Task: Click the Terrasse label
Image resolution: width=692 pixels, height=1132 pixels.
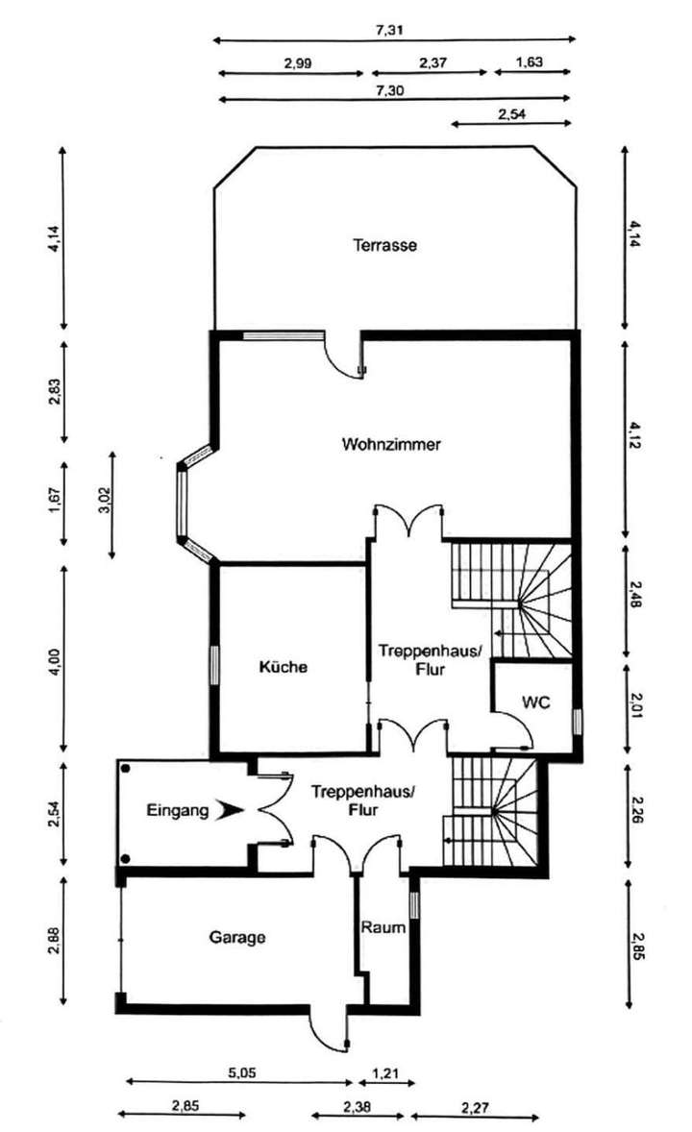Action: (385, 245)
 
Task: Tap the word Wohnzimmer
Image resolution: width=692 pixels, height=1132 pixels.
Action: (391, 443)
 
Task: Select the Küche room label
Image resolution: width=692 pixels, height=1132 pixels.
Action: (284, 666)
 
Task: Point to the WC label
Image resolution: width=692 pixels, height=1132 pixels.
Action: (536, 701)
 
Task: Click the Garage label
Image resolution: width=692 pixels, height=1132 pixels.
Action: (237, 937)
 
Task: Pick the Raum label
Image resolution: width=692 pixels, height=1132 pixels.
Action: (383, 927)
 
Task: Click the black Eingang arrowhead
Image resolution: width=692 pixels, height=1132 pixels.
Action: (232, 810)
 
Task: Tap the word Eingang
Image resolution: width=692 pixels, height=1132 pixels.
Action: (178, 810)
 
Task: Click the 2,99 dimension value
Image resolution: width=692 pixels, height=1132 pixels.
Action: (298, 62)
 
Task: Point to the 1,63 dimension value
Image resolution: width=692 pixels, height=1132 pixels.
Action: (529, 62)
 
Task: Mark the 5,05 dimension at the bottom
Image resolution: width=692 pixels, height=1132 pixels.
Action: (242, 1072)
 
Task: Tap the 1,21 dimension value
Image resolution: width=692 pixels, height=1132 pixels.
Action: (385, 1073)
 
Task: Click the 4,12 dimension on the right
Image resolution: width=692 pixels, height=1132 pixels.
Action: (635, 435)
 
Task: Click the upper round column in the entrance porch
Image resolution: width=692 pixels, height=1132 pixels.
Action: (126, 769)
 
